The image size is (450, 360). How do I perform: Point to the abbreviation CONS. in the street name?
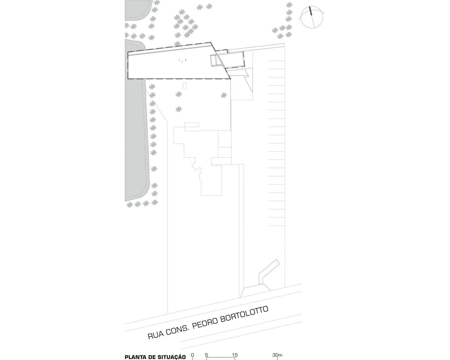(x=178, y=330)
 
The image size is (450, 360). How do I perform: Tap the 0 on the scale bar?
(x=192, y=355)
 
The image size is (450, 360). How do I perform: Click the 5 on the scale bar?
(x=207, y=355)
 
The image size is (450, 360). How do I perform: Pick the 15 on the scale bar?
(x=235, y=355)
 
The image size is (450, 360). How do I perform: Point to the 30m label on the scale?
(x=277, y=355)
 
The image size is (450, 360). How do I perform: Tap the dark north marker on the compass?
(x=310, y=11)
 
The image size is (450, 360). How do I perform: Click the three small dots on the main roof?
(x=182, y=61)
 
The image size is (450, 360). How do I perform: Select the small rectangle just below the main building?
(x=184, y=86)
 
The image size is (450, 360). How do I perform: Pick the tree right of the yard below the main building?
(x=224, y=95)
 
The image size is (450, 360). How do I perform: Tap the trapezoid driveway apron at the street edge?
(x=255, y=291)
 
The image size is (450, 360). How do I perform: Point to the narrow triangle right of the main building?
(x=249, y=83)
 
